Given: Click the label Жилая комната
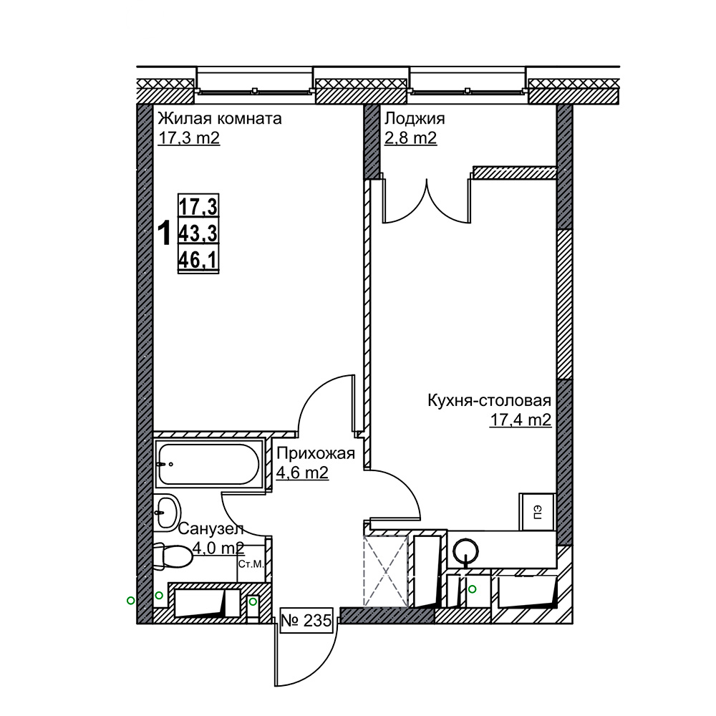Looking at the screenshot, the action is pos(220,119).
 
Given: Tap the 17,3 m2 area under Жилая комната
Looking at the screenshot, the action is pos(188,137).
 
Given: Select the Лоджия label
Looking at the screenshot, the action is pos(414,119).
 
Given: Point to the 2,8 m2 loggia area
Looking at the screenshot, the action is pos(410,137).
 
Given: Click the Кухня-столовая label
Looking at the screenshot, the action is pos(490,400).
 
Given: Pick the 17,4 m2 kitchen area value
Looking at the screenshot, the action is pos(521,420).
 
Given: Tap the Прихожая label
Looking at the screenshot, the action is pos(316,453).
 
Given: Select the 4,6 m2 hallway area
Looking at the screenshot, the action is pos(302,473).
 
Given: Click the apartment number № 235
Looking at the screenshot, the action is pos(306,621).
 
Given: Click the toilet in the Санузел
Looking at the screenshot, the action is pos(173,556).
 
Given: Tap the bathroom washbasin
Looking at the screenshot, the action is pos(167,513).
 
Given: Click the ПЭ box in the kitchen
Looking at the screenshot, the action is pos(537,511).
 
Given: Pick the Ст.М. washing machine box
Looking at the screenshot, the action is pos(251,564).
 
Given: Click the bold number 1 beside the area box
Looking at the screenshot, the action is pos(164,233).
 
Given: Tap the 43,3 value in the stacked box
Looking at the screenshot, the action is pos(198,234).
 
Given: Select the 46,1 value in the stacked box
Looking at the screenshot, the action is pos(198,260).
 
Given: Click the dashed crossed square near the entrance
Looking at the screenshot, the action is pos(385,571).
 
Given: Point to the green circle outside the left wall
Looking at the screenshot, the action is pos(130,601).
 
